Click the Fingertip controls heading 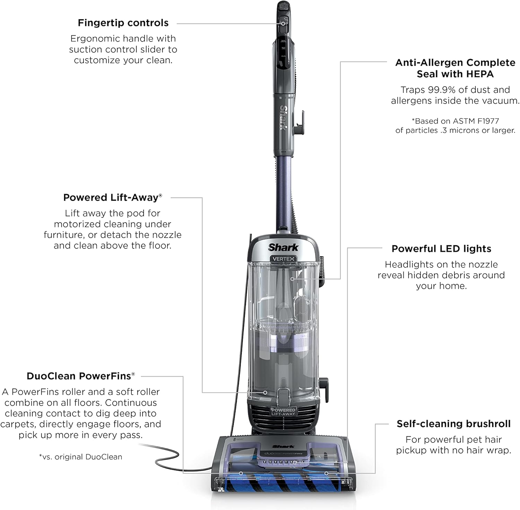[x=123, y=23]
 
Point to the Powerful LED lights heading [x=441, y=249]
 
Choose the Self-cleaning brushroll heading [x=453, y=424]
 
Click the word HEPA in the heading [x=479, y=74]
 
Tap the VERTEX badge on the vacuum [x=283, y=258]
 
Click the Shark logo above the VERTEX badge [x=283, y=247]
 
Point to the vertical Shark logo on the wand [x=284, y=118]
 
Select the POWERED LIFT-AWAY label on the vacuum [x=283, y=412]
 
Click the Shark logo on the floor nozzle [x=283, y=447]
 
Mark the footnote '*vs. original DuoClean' [x=80, y=457]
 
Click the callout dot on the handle [x=283, y=23]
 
